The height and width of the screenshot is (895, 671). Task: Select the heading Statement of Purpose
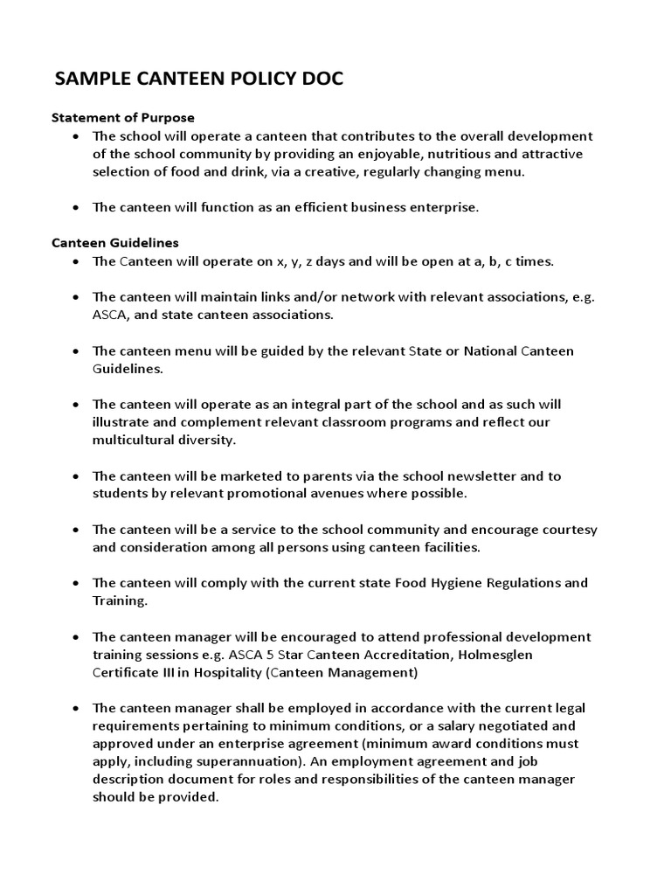click(123, 117)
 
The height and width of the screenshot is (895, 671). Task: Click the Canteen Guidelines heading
click(115, 243)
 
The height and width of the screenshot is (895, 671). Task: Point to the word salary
click(467, 725)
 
